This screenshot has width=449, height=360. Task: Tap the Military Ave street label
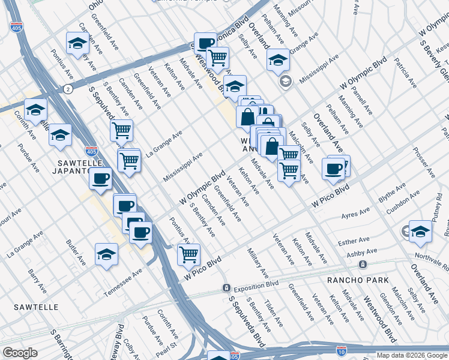258,265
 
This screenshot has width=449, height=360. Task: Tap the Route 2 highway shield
68,89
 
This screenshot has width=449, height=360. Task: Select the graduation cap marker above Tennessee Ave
106,254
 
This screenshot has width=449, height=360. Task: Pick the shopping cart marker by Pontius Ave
188,254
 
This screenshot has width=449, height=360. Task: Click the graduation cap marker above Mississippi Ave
277,60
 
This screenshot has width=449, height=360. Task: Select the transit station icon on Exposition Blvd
226,287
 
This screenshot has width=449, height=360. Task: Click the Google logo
19,353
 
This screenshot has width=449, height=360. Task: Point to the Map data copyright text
412,355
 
